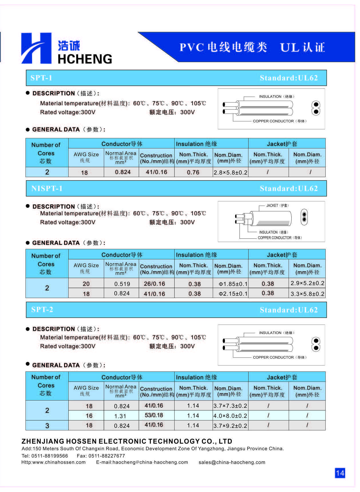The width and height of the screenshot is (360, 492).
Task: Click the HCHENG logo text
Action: pyautogui.click(x=85, y=59)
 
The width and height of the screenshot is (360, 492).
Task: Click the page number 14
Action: pyautogui.click(x=340, y=473)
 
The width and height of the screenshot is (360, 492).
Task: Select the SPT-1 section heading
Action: pyautogui.click(x=41, y=78)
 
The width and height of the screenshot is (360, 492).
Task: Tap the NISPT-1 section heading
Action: pyautogui.click(x=47, y=188)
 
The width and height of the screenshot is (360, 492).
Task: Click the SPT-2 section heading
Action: pyautogui.click(x=42, y=310)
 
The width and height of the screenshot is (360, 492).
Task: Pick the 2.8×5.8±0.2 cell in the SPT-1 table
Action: pyautogui.click(x=230, y=172)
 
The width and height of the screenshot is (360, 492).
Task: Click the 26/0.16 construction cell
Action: pyautogui.click(x=154, y=284)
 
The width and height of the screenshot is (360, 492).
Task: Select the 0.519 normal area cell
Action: pyautogui.click(x=122, y=284)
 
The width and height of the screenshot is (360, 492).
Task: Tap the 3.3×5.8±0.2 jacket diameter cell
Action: pyautogui.click(x=307, y=294)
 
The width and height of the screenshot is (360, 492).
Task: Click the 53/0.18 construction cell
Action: pyautogui.click(x=154, y=415)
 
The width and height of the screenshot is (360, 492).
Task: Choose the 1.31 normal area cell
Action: pyautogui.click(x=122, y=416)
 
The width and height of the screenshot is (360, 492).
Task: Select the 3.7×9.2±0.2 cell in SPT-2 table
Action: pyautogui.click(x=230, y=426)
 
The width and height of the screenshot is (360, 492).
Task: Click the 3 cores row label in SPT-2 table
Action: pyautogui.click(x=47, y=426)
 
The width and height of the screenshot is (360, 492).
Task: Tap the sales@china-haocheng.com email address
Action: pyautogui.click(x=232, y=462)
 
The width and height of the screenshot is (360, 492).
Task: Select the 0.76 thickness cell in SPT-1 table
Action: pyautogui.click(x=193, y=172)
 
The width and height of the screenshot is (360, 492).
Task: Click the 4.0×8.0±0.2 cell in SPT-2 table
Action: pyautogui.click(x=230, y=416)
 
